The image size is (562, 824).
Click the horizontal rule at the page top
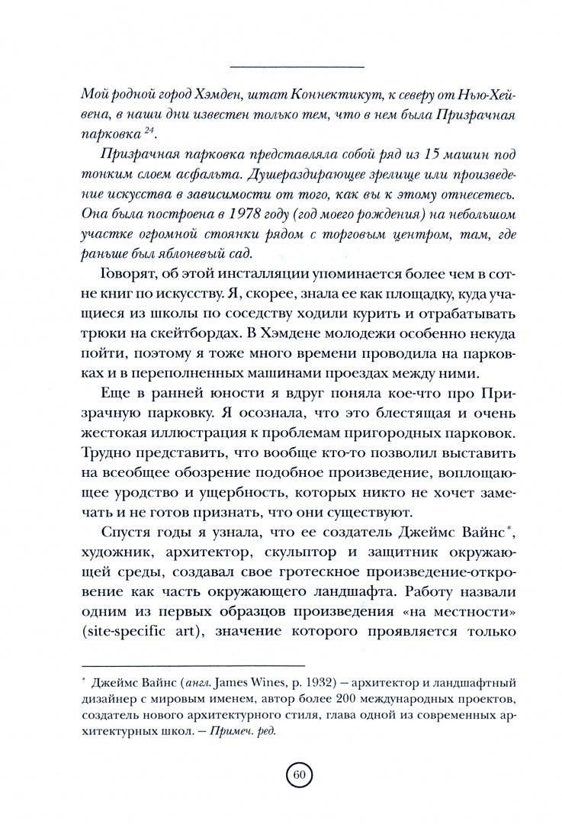click(x=297, y=64)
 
